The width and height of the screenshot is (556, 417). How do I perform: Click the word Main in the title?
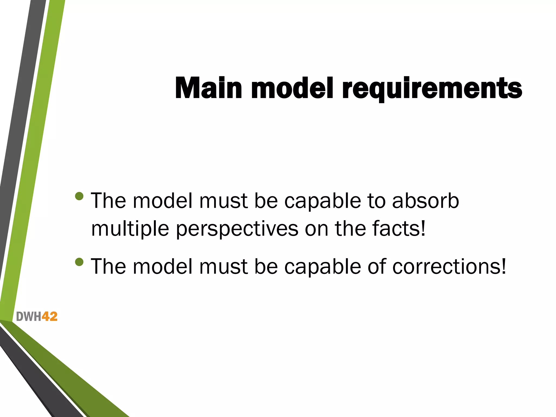[208, 88]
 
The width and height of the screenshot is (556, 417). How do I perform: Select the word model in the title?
[292, 88]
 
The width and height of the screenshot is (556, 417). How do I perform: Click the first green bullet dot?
[79, 196]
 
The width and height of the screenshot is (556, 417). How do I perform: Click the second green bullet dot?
[79, 262]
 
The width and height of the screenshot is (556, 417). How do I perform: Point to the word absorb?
[425, 201]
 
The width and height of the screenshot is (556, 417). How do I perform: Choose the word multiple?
[130, 229]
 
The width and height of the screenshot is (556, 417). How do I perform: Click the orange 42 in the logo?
[49, 317]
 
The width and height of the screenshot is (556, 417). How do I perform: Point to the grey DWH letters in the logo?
[29, 317]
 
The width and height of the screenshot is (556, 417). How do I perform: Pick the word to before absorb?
[376, 201]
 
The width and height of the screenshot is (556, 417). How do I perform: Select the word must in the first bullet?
[223, 201]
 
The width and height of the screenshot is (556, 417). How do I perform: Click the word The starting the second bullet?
[109, 267]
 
